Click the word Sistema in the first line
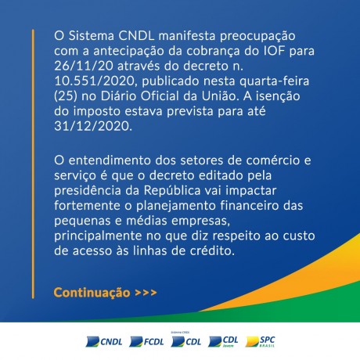pyautogui.click(x=92, y=36)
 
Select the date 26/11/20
pyautogui.click(x=84, y=66)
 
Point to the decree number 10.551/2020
pyautogui.click(x=95, y=81)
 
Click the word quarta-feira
pyautogui.click(x=274, y=81)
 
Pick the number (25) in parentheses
pyautogui.click(x=66, y=96)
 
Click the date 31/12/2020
pyautogui.click(x=93, y=127)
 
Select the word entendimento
pyautogui.click(x=110, y=160)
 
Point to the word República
pyautogui.click(x=172, y=191)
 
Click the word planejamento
pyautogui.click(x=176, y=206)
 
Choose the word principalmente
pyautogui.click(x=98, y=236)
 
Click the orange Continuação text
pyautogui.click(x=92, y=293)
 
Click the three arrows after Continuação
pyautogui.click(x=146, y=293)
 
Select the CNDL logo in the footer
pyautogui.click(x=104, y=341)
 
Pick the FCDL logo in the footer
pyautogui.click(x=146, y=341)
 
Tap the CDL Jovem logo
pyautogui.click(x=223, y=341)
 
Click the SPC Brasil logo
pyautogui.click(x=260, y=341)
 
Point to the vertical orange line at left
pyautogui.click(x=33, y=164)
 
